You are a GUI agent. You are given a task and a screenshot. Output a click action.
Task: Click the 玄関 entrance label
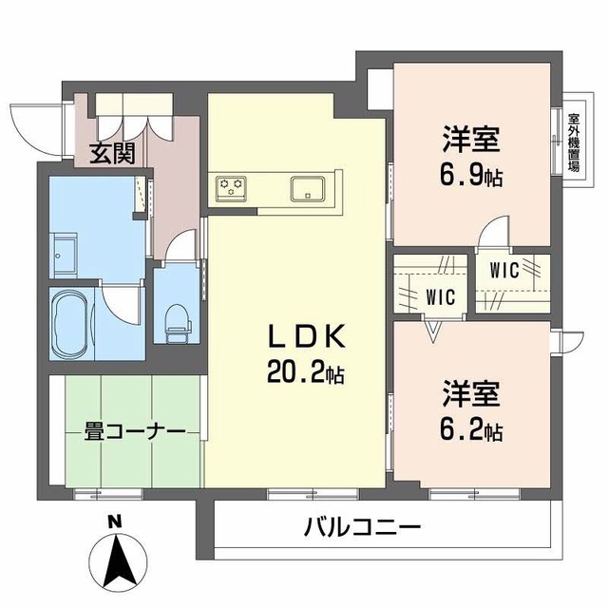(112, 154)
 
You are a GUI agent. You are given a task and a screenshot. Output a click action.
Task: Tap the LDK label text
(306, 336)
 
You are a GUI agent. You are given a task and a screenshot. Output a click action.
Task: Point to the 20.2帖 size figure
(305, 372)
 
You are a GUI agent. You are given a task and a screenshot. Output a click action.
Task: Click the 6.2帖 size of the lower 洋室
(471, 430)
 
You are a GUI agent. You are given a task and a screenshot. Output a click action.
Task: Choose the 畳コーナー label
(135, 432)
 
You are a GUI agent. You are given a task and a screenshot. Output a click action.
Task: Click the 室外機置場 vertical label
(574, 142)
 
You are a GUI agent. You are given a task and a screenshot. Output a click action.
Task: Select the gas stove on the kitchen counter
(231, 189)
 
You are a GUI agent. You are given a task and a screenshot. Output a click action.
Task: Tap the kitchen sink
(308, 189)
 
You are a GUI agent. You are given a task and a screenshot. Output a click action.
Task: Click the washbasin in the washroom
(65, 256)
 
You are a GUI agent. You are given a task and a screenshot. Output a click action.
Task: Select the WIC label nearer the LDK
(440, 297)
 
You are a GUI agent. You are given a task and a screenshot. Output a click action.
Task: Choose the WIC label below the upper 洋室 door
(504, 270)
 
